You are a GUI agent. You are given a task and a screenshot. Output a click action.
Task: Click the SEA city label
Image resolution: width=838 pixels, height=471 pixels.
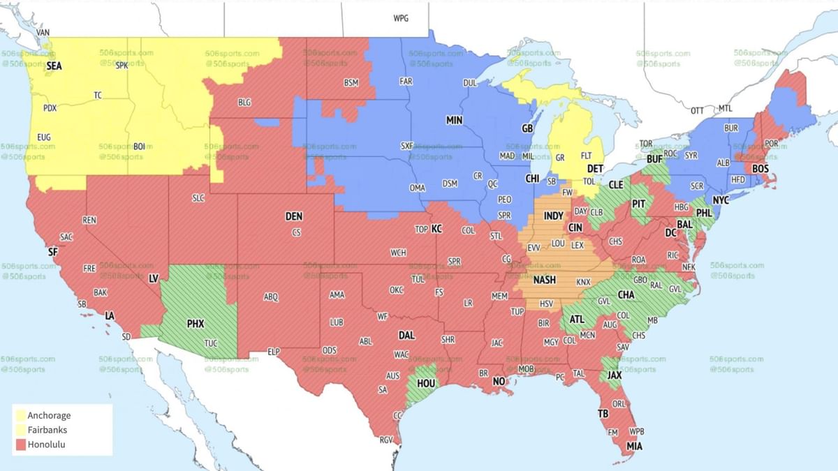[54, 66]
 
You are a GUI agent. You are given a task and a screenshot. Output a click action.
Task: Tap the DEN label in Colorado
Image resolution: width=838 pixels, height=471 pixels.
[294, 217]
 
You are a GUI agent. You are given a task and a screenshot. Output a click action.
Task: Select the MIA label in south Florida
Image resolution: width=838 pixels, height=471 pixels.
[634, 446]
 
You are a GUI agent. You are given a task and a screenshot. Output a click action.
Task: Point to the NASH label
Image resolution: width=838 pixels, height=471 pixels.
[544, 280]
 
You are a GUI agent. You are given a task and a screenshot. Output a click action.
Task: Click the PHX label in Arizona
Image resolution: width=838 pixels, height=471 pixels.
[196, 324]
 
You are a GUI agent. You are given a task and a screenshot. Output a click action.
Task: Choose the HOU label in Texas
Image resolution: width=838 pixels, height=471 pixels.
[426, 383]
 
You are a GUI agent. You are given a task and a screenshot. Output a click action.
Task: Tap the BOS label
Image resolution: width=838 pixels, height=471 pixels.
[760, 168]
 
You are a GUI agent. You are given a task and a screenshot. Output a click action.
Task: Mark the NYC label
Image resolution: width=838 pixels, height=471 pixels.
[721, 200]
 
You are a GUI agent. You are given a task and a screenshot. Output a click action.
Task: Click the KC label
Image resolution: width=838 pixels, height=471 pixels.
[436, 229]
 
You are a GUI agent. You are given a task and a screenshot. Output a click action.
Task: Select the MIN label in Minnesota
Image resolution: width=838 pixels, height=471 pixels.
[454, 121]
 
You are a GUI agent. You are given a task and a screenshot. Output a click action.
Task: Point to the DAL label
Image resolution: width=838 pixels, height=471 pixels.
[406, 335]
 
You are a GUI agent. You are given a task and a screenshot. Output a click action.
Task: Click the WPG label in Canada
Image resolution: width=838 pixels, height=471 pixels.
[401, 18]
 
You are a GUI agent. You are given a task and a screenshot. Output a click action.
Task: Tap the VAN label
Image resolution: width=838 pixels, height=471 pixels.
[43, 33]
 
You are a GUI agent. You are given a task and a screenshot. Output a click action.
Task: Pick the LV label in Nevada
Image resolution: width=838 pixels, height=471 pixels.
[154, 278]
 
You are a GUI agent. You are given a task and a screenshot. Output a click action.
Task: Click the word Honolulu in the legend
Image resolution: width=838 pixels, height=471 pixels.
[47, 444]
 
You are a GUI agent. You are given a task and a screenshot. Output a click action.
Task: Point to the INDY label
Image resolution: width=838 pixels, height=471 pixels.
[553, 216]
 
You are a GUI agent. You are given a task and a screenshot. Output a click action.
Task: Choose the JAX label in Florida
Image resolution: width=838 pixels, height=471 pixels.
[615, 375]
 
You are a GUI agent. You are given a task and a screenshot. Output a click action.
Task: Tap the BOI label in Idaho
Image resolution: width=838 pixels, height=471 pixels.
[139, 146]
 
